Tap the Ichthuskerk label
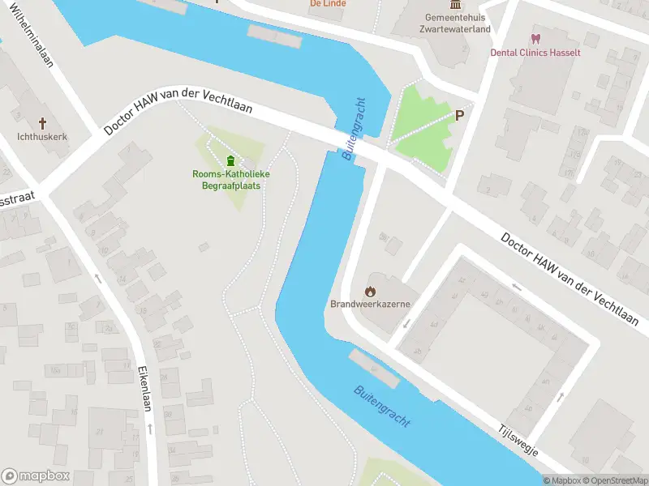(42, 137)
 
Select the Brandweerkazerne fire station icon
(370, 291)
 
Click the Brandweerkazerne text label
(370, 305)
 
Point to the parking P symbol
(459, 116)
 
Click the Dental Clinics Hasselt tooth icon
(535, 38)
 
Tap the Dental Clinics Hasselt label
(535, 52)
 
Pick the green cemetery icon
(231, 160)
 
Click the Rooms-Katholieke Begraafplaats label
(231, 180)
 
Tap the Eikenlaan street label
(146, 389)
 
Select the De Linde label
(328, 4)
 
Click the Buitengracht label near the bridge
(355, 128)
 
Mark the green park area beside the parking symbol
(418, 134)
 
